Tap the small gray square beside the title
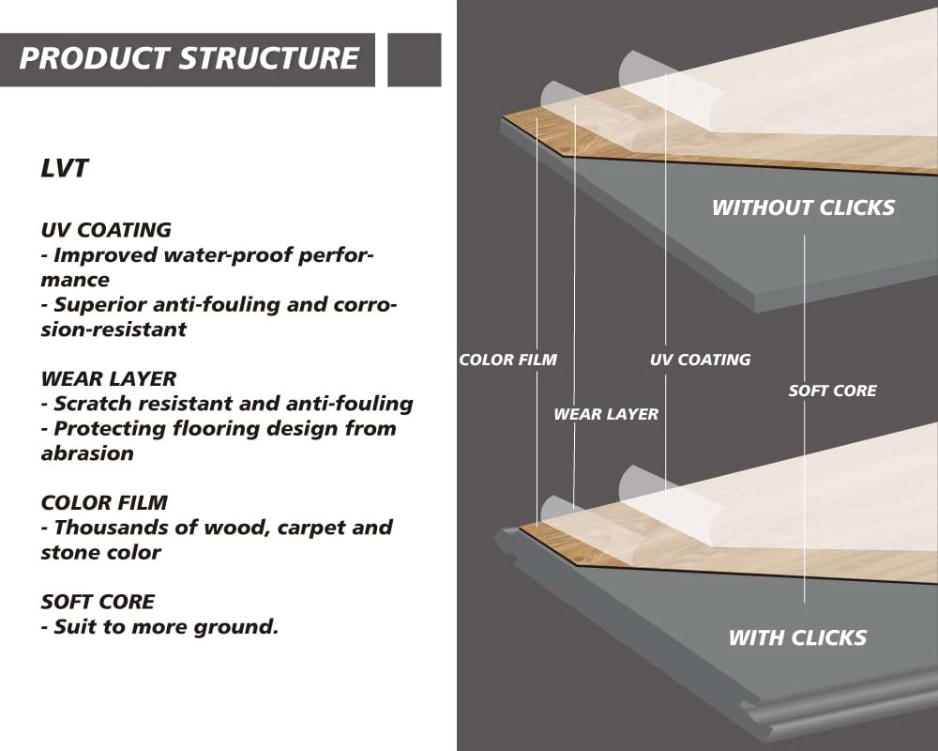coord(414,59)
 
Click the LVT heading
coord(65,169)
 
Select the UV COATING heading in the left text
coord(106,230)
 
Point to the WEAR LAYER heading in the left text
coord(109,379)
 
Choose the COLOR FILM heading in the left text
coord(104,503)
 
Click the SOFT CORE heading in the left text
coord(98,602)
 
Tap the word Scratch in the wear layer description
coord(90,404)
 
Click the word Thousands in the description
coord(104,528)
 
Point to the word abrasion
coord(87,453)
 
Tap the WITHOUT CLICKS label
coord(803,207)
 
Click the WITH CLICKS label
coord(797,638)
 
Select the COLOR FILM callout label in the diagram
coord(507,360)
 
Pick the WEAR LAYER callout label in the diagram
coord(606,414)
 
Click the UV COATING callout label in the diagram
coord(700,360)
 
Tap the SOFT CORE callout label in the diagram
coord(832,391)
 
